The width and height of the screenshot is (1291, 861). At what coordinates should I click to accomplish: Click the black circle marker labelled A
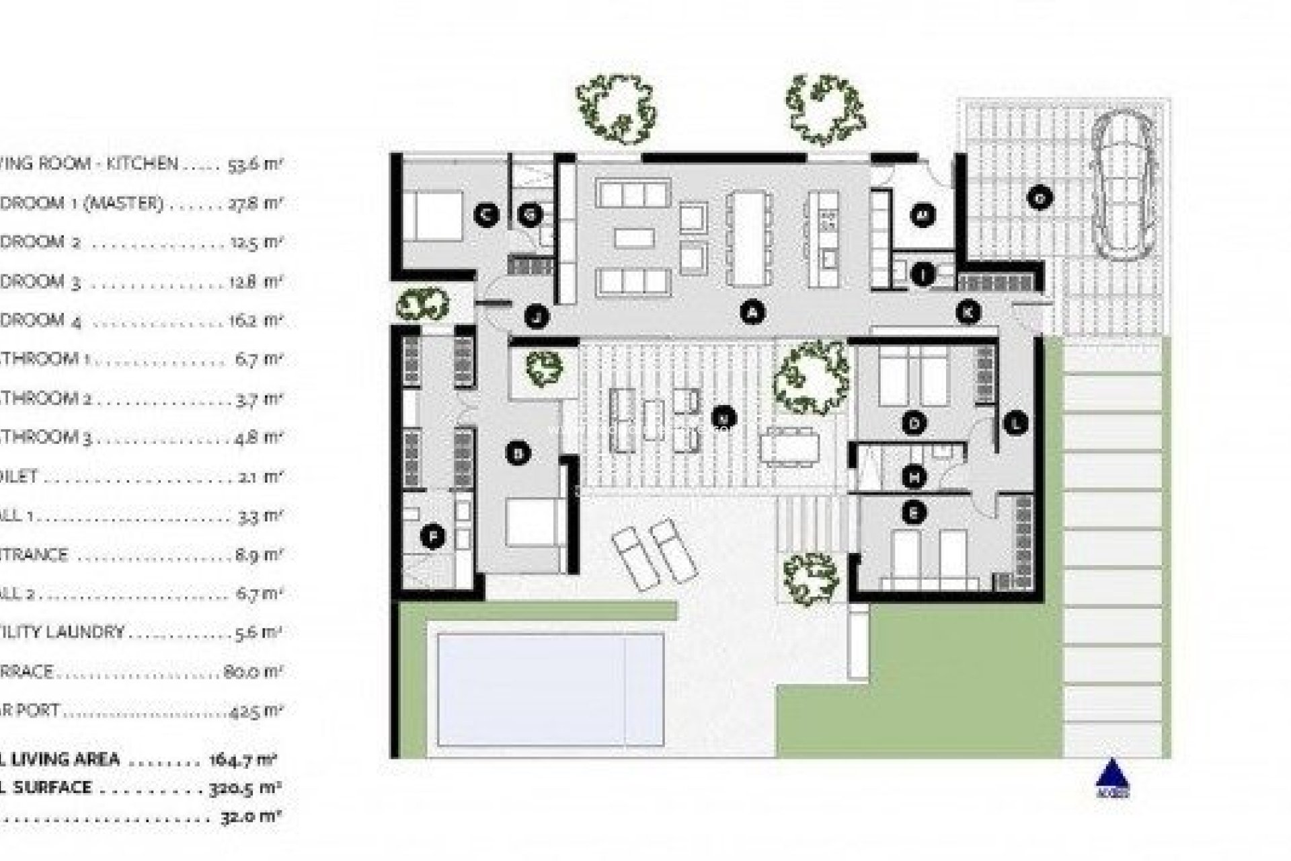(752, 311)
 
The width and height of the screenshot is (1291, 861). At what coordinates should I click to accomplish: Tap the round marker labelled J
(536, 315)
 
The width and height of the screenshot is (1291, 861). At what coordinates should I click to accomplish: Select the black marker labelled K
(968, 311)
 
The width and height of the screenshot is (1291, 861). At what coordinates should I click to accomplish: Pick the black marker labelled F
(433, 537)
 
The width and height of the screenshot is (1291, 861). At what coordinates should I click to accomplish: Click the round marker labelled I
(923, 274)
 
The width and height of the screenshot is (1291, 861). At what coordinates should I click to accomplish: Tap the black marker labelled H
(914, 478)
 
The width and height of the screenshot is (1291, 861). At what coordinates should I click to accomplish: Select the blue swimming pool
(550, 690)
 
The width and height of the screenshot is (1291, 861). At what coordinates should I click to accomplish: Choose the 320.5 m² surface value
(252, 788)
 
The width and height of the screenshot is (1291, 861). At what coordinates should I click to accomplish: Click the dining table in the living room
(749, 236)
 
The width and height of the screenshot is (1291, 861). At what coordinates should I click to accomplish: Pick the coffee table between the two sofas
(634, 237)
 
